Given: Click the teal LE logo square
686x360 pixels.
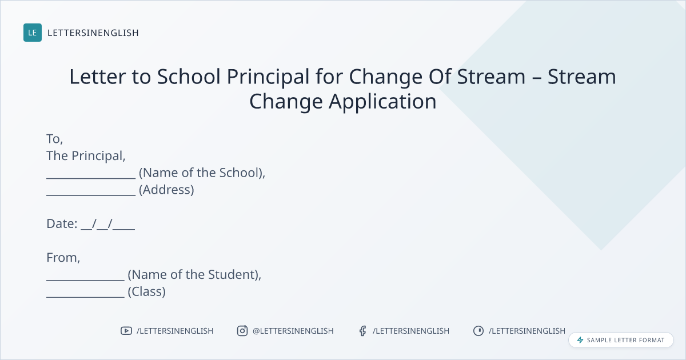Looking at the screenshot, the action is point(33,33).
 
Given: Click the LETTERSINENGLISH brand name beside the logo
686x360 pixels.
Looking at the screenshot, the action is point(93,33).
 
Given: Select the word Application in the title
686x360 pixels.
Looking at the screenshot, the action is point(382,102).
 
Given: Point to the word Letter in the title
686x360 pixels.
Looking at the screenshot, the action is point(97,77).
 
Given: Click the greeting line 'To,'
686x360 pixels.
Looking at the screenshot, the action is point(55,139).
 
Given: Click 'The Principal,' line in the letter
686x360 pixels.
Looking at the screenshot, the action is point(86,156).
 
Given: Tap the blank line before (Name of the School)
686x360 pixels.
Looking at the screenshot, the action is point(91,178).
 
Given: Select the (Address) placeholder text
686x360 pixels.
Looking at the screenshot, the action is point(166,190).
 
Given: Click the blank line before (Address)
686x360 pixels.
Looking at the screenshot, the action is point(91,195).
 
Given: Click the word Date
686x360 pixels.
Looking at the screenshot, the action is point(62,224).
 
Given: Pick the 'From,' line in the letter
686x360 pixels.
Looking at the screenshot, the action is point(63,258).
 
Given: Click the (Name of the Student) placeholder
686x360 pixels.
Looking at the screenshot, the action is point(194,275).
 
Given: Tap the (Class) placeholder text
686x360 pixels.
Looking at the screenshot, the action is point(147,292).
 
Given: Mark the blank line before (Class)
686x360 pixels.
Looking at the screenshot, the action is point(85,297).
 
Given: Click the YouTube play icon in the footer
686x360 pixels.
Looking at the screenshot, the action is point(126,331).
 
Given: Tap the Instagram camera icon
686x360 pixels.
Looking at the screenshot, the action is point(242,331).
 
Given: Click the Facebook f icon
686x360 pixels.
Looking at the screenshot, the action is point(363,331).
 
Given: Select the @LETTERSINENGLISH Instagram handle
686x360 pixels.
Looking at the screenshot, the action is point(293,331).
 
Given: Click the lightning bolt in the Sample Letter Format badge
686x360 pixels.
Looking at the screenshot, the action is point(580,340).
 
